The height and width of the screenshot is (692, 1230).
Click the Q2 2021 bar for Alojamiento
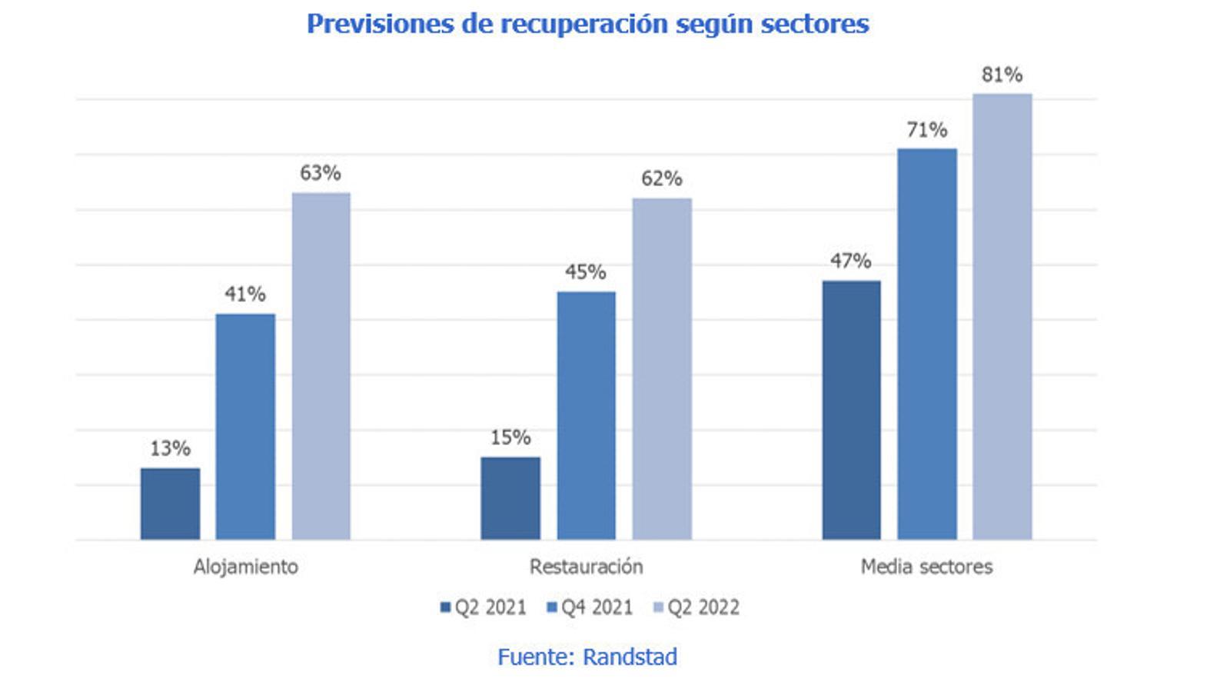pyautogui.click(x=170, y=504)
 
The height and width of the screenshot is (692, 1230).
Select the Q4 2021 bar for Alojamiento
pyautogui.click(x=245, y=427)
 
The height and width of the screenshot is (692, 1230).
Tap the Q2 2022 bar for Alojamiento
pyautogui.click(x=321, y=366)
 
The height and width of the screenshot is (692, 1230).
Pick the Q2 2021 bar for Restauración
pyautogui.click(x=510, y=498)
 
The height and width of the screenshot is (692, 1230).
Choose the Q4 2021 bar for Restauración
pyautogui.click(x=586, y=415)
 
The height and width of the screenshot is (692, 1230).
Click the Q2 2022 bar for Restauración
pyautogui.click(x=662, y=369)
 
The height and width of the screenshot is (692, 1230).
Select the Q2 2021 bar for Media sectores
pyautogui.click(x=851, y=410)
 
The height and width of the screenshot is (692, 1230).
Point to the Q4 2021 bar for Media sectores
pyautogui.click(x=927, y=344)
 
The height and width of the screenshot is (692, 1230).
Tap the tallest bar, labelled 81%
pyautogui.click(x=1002, y=317)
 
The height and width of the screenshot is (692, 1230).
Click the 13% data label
pyautogui.click(x=170, y=448)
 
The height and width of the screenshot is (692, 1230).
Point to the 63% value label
pyautogui.click(x=321, y=173)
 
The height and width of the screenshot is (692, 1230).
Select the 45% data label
pyautogui.click(x=586, y=272)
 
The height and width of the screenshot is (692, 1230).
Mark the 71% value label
pyautogui.click(x=927, y=130)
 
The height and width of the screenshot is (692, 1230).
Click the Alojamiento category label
pyautogui.click(x=245, y=567)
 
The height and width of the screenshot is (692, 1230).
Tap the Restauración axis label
pyautogui.click(x=586, y=567)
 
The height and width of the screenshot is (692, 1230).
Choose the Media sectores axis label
pyautogui.click(x=926, y=567)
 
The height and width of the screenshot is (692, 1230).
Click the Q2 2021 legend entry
pyautogui.click(x=484, y=607)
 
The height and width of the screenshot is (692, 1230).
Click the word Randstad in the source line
pyautogui.click(x=630, y=657)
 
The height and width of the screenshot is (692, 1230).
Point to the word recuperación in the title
pyautogui.click(x=585, y=24)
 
